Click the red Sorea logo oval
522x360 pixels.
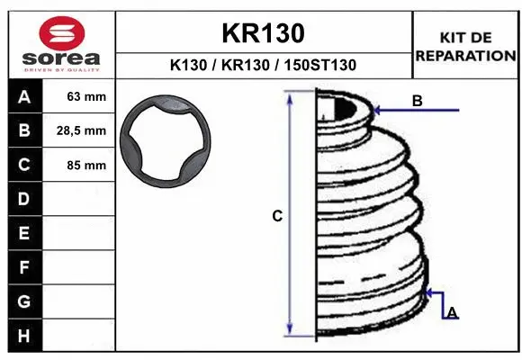pyautogui.click(x=62, y=33)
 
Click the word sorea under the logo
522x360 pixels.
pyautogui.click(x=61, y=58)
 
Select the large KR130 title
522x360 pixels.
pyautogui.click(x=264, y=33)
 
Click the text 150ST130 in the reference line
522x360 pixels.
pyautogui.click(x=320, y=65)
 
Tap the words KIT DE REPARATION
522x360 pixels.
pyautogui.click(x=465, y=47)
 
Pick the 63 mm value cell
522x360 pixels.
pyautogui.click(x=79, y=96)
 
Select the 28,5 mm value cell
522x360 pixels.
pyautogui.click(x=79, y=130)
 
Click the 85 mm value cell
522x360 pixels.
pyautogui.click(x=79, y=165)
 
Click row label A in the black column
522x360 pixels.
pyautogui.click(x=24, y=97)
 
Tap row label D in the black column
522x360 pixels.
pyautogui.click(x=24, y=199)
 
